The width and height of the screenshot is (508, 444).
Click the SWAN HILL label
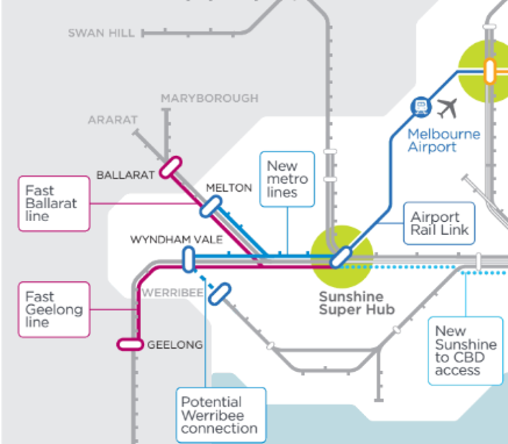(x=101, y=33)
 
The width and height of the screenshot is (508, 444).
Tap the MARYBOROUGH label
(x=209, y=98)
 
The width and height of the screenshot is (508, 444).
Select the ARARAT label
(x=112, y=120)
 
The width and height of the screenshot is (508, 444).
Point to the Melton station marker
(x=210, y=206)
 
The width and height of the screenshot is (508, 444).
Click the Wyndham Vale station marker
(x=188, y=259)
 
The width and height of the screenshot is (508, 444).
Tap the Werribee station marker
(x=220, y=293)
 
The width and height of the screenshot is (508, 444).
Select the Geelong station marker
(x=130, y=344)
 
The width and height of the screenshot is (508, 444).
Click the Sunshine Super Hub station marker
(x=340, y=257)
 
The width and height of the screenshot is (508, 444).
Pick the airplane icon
(x=448, y=107)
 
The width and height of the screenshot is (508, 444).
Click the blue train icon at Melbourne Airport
(x=421, y=107)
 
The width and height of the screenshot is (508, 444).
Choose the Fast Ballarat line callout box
(x=54, y=203)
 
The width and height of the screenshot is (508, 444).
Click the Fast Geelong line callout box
(x=54, y=309)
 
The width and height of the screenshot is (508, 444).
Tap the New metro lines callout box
(x=287, y=179)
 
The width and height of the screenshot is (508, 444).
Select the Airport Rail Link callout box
(x=439, y=223)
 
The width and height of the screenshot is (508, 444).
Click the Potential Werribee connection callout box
(x=220, y=415)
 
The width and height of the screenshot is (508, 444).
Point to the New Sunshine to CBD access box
(x=466, y=350)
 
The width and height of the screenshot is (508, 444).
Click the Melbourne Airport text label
(x=443, y=140)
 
